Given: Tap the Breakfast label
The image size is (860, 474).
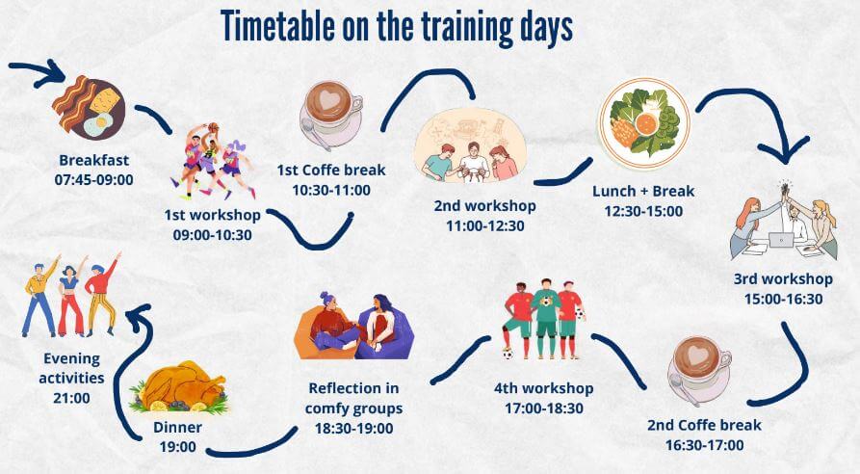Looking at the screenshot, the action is point(93,160).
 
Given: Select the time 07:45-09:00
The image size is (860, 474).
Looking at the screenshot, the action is point(93,180).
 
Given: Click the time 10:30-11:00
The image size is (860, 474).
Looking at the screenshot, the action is point(331,191).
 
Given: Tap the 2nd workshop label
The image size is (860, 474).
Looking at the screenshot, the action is point(484,206).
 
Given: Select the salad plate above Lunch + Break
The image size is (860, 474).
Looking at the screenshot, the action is point(644,123).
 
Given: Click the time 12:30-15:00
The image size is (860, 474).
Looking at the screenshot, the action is point(643,211).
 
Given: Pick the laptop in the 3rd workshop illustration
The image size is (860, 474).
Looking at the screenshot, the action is point(781,240).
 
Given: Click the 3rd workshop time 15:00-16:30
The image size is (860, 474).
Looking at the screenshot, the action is point(783,299).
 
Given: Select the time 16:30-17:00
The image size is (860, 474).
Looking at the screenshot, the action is point(704,445).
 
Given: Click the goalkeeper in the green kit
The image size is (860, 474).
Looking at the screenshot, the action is point(546,318).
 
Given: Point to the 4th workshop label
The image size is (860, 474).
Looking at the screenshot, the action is point(543,388).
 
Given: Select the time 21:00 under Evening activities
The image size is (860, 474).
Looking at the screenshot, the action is point(71,398).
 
